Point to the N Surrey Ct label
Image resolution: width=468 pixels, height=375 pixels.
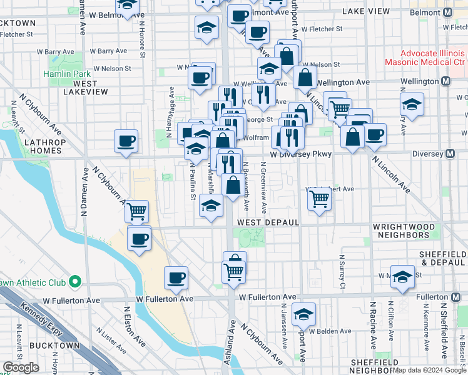(x=342, y=272)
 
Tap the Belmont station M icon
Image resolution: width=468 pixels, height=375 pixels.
(x=448, y=12)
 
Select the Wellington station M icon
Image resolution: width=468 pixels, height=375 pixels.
(x=445, y=82)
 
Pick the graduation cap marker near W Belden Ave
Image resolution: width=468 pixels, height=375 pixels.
(x=303, y=314)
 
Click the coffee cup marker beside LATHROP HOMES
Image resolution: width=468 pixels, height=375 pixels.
(x=126, y=141)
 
